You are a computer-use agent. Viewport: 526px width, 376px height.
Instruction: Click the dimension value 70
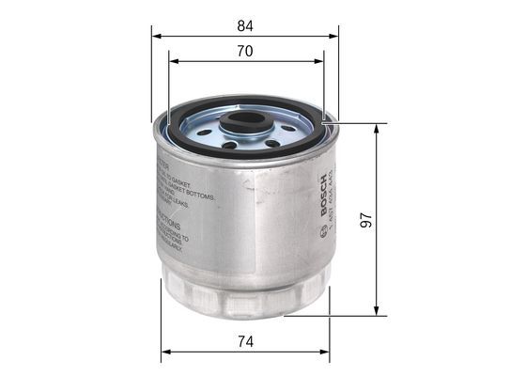click(x=244, y=52)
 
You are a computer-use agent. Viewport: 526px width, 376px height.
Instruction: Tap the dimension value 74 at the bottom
click(x=244, y=343)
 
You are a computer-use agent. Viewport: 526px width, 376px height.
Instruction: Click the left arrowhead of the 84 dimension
click(x=156, y=36)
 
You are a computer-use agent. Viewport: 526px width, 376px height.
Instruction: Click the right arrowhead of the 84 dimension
click(x=333, y=36)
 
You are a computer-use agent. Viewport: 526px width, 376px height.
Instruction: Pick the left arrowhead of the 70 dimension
click(x=174, y=62)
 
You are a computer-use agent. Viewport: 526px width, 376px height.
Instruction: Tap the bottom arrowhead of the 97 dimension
click(x=377, y=310)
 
